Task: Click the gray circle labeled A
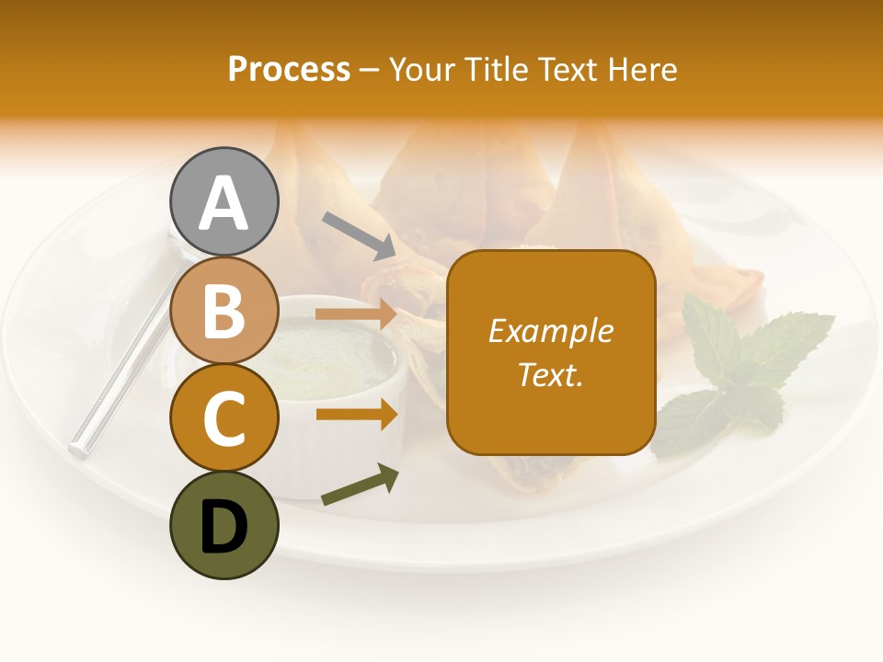(x=224, y=201)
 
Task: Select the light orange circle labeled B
(x=224, y=310)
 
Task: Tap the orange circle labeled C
(x=224, y=417)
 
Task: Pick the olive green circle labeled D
(x=224, y=525)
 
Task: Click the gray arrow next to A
(x=359, y=235)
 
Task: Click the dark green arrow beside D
(x=360, y=485)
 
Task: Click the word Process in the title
(x=289, y=69)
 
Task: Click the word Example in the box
(x=550, y=331)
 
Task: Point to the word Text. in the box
(x=550, y=374)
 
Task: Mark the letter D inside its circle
(x=224, y=527)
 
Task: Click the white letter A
(x=224, y=203)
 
